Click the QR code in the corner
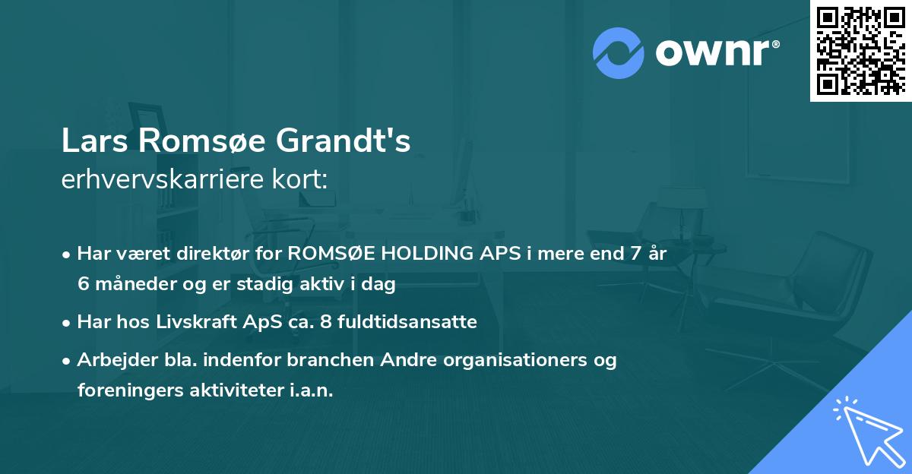click(x=861, y=50)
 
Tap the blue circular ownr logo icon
click(x=619, y=52)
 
